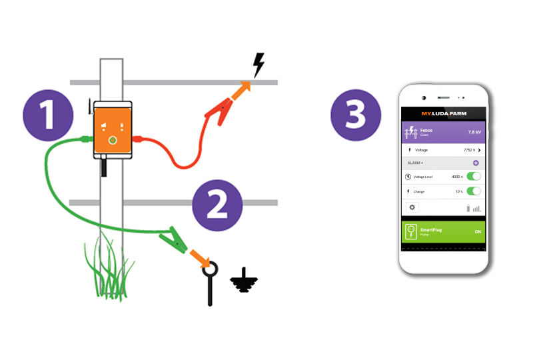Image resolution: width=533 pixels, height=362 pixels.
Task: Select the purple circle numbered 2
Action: tap(216, 205)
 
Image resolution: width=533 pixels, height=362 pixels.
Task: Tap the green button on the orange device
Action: tap(112, 140)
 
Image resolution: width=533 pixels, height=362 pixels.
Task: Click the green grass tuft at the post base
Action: tap(110, 267)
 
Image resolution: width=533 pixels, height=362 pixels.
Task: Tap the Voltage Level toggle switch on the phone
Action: tap(474, 177)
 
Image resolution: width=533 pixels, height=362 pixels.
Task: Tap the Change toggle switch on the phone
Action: tap(474, 191)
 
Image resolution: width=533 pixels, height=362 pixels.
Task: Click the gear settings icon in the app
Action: tap(412, 207)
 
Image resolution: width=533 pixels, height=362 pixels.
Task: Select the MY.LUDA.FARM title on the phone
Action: tap(443, 114)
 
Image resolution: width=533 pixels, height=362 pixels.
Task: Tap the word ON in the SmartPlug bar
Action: tap(477, 231)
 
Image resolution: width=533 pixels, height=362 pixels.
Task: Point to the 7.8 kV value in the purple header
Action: tap(474, 132)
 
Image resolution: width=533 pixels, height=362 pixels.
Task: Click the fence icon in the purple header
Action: tap(411, 133)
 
